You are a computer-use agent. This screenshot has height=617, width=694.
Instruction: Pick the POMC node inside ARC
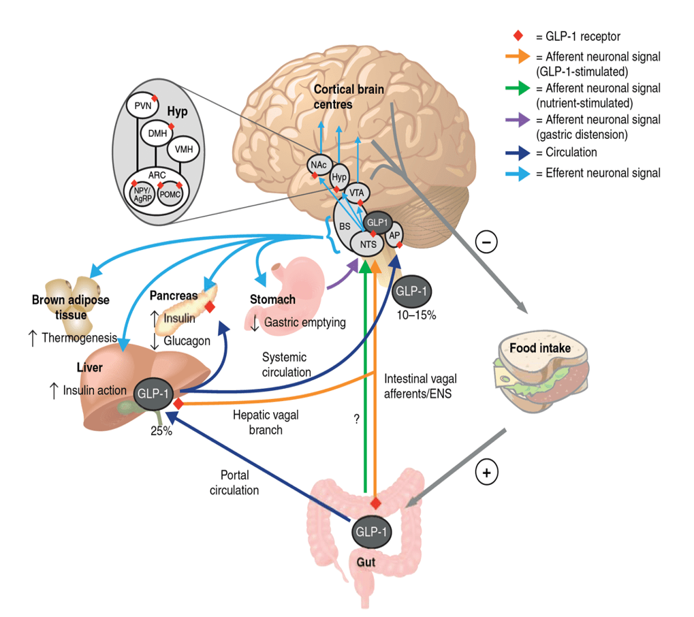tap(170, 195)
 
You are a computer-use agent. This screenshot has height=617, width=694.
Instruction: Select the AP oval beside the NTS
tap(394, 235)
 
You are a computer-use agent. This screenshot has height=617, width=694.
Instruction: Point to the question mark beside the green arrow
tap(356, 419)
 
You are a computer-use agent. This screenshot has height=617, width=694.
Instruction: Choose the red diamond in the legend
tap(520, 35)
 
